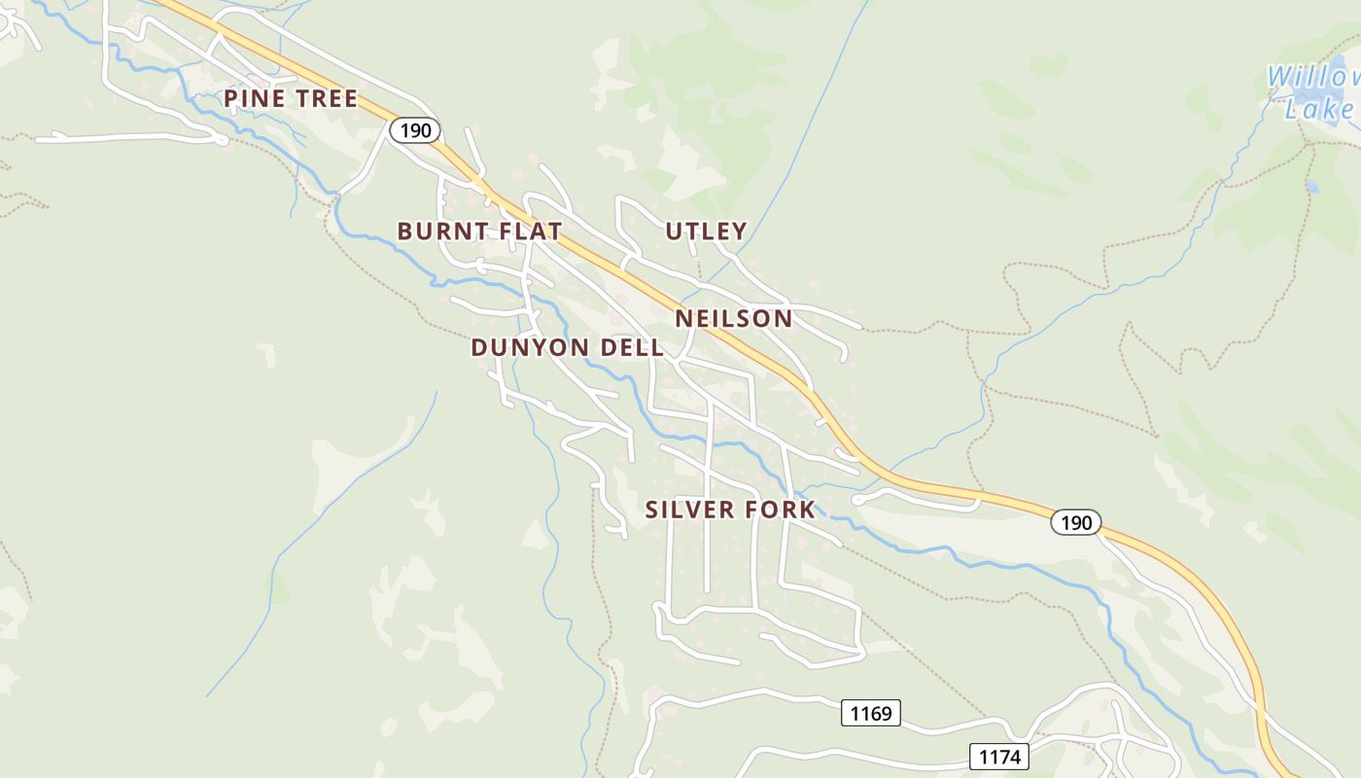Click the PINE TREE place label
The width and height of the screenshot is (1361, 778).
click(x=291, y=98)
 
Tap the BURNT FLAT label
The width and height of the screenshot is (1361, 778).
click(x=479, y=231)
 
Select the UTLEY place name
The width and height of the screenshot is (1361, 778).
click(x=706, y=231)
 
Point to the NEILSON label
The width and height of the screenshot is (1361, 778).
click(x=733, y=319)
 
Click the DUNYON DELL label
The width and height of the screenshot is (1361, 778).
click(x=568, y=347)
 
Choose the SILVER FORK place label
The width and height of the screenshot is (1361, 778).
click(x=730, y=510)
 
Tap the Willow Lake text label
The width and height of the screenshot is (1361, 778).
click(x=1312, y=92)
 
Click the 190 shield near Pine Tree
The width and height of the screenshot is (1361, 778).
click(x=415, y=130)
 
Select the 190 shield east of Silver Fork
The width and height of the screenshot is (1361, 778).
click(x=1076, y=522)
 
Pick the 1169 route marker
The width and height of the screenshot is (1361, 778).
click(x=870, y=714)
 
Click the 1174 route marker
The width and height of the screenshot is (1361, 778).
click(x=998, y=756)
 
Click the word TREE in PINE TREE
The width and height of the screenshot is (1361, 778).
click(x=326, y=98)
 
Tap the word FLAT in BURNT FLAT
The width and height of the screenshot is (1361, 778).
click(x=530, y=231)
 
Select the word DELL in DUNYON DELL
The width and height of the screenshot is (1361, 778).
click(x=632, y=347)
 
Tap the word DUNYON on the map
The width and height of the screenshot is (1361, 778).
click(x=528, y=347)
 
